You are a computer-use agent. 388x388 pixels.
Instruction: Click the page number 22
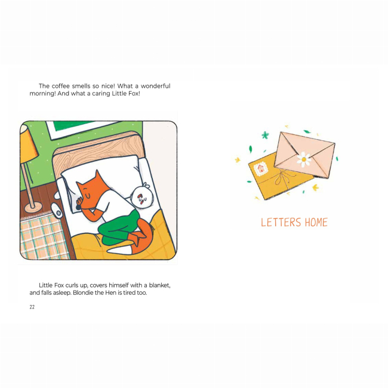pyautogui.click(x=32, y=307)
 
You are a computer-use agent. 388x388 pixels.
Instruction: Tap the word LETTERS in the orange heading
pyautogui.click(x=281, y=222)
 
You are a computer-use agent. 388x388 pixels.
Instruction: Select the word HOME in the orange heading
pyautogui.click(x=316, y=222)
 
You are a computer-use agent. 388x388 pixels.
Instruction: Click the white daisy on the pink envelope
pyautogui.click(x=304, y=159)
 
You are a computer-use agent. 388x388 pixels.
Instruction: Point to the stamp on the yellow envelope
pyautogui.click(x=261, y=169)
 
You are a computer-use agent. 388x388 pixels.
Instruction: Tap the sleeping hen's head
pyautogui.click(x=141, y=197)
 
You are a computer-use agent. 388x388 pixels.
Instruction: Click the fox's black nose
pyautogui.click(x=78, y=207)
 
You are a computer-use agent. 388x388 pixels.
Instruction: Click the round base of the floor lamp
pyautogui.click(x=33, y=207)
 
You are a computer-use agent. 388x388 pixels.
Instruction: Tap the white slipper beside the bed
pyautogui.click(x=57, y=210)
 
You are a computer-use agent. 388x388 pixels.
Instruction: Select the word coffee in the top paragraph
pyautogui.click(x=61, y=86)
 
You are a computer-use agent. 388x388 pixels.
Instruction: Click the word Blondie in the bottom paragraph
pyautogui.click(x=82, y=292)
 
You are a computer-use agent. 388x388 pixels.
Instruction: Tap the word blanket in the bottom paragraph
pyautogui.click(x=159, y=285)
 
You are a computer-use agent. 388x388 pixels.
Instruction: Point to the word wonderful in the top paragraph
pyautogui.click(x=155, y=86)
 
